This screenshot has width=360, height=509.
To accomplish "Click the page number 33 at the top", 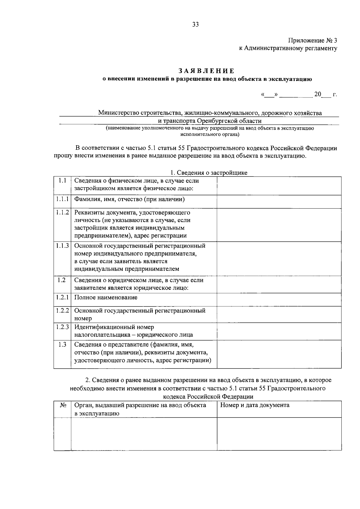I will tap(195, 25).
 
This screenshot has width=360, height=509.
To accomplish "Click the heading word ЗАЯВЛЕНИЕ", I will tap(206, 71).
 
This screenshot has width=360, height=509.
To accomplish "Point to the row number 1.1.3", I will tap(62, 246).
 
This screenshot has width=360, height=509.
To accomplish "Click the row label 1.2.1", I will tap(62, 297).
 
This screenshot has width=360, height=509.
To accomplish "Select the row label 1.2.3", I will tap(62, 327).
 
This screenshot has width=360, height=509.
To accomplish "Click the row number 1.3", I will tap(62, 345).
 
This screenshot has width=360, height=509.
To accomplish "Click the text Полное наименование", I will tap(106, 297).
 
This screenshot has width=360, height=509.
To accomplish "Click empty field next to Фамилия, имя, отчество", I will tap(279, 201).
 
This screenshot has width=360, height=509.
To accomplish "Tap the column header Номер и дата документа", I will tap(255, 405).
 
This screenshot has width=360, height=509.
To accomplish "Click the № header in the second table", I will tap(63, 405).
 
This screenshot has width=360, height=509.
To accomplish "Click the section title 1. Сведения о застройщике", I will tap(209, 173).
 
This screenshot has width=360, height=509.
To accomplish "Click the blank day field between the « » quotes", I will tap(270, 95).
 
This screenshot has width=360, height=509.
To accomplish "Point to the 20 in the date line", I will tap(317, 95).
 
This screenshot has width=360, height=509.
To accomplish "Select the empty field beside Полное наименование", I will tap(279, 300).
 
